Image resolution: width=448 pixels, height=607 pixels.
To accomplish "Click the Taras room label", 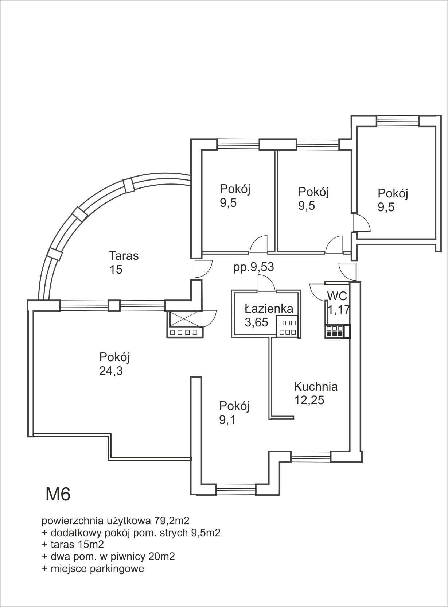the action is pyautogui.click(x=124, y=256).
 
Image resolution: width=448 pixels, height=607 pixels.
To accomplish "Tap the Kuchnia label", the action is pyautogui.click(x=316, y=387).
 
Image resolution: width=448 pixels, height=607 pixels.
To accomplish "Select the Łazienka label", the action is pyautogui.click(x=269, y=309).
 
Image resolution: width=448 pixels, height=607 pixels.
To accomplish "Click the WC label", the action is pyautogui.click(x=337, y=296).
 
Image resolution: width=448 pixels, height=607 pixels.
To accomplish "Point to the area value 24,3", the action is pyautogui.click(x=111, y=371).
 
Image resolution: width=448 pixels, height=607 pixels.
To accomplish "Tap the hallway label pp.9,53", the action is pyautogui.click(x=254, y=267).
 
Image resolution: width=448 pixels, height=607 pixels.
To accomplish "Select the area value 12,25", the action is pyautogui.click(x=309, y=400).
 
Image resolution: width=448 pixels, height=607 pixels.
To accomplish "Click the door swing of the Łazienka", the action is pyautogui.click(x=266, y=283).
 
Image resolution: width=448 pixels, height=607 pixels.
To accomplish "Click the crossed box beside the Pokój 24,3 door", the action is pyautogui.click(x=184, y=319).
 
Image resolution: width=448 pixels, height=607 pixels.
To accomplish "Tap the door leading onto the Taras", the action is pyautogui.click(x=203, y=269).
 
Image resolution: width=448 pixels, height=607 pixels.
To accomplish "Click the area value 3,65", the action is pyautogui.click(x=256, y=322).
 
